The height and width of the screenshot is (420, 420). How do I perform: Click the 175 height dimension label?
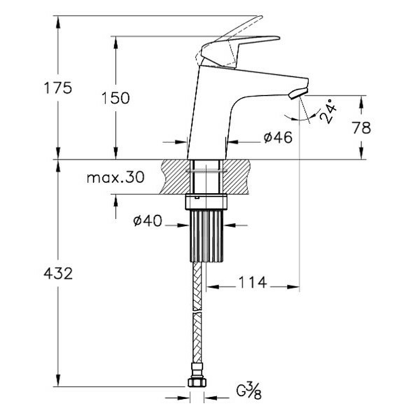coord(58,88)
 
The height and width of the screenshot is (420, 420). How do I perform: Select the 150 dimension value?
coord(115,98)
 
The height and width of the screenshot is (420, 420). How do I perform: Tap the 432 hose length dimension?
coord(58,274)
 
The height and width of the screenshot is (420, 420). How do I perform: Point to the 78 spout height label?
coord(362,128)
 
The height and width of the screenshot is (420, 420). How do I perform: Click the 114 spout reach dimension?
coord(253,282)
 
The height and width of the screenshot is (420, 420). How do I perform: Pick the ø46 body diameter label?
coord(278,138)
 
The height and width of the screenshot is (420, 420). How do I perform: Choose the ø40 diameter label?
coord(148,221)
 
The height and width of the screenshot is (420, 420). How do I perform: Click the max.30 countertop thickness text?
coord(115,177)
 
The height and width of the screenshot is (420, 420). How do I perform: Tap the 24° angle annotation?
coord(329,111)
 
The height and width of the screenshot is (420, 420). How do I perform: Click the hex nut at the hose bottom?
coord(197,383)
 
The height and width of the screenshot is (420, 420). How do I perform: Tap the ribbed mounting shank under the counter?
coord(206,236)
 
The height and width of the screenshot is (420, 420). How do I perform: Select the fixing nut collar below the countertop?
coord(206,202)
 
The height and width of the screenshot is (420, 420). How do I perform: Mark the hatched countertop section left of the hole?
coord(176,177)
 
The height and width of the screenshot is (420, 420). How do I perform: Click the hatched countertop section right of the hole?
coord(237,177)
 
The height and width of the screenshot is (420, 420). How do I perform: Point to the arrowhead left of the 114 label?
coord(213,287)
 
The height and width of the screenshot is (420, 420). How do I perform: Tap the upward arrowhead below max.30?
coord(115,201)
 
